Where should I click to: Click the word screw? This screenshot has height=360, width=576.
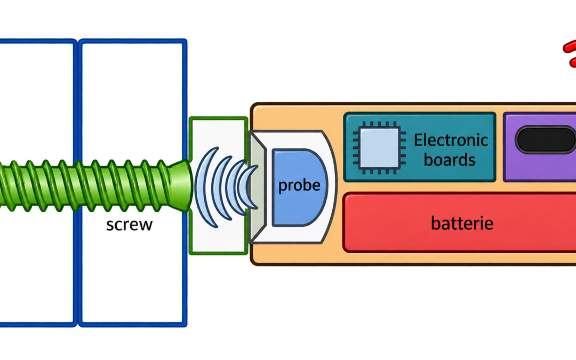(129, 225)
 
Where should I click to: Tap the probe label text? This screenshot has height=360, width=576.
(299, 186)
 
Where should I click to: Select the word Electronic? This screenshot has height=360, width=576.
(451, 140)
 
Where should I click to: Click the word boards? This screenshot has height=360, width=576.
(450, 160)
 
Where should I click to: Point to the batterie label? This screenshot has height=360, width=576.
(462, 223)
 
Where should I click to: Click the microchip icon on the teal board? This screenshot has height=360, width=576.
(380, 148)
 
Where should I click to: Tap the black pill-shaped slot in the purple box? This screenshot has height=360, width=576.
(546, 140)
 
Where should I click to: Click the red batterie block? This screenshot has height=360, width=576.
(459, 222)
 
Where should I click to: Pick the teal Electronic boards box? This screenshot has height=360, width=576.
(420, 147)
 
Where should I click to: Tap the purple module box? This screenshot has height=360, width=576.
(540, 147)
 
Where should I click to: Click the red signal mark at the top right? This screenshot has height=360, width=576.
(570, 53)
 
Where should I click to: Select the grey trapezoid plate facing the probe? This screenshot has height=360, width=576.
(257, 187)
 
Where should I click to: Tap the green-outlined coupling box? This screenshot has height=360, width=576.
(218, 186)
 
